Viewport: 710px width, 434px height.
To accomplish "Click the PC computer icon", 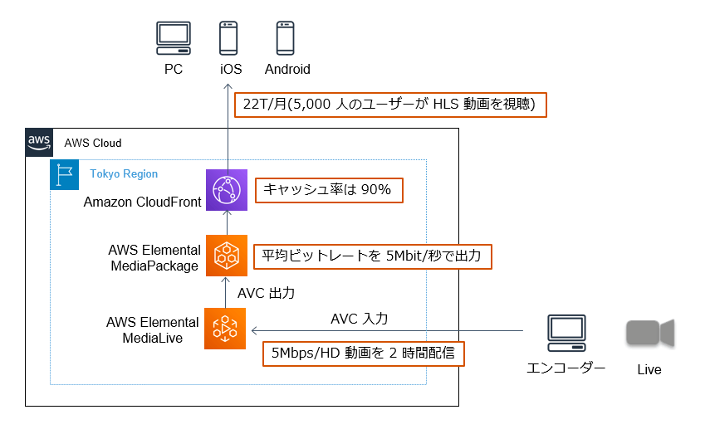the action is (174, 38).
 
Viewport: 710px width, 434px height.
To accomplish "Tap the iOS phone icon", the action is (228, 38).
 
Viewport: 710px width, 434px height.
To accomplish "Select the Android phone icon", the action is (286, 38).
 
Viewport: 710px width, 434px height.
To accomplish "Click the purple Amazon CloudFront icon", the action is (227, 190).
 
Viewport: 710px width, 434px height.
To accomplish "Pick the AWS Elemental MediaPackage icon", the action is (227, 256).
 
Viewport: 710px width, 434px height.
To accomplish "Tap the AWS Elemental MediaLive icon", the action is (225, 329).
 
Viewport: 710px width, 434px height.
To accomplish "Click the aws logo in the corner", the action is (39, 142).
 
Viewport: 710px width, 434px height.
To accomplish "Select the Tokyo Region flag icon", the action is (64, 174).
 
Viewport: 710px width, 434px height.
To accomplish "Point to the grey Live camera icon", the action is (650, 333).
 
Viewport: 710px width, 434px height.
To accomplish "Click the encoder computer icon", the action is (566, 333).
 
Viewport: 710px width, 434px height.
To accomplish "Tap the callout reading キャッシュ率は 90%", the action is (329, 190).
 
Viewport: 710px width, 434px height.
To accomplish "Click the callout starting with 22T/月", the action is (390, 105).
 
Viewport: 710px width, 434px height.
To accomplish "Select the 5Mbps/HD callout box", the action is (364, 354).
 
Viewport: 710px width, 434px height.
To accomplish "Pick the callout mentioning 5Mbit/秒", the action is (372, 256).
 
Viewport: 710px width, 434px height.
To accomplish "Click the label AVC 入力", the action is (359, 319).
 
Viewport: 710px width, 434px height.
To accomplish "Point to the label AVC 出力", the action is (267, 293).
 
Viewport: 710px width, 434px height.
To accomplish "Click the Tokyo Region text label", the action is (124, 173).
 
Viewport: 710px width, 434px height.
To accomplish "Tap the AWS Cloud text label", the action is (93, 143).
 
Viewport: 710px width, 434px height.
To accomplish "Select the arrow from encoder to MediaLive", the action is (387, 331).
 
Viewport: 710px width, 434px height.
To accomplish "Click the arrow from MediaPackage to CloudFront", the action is (227, 222).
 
